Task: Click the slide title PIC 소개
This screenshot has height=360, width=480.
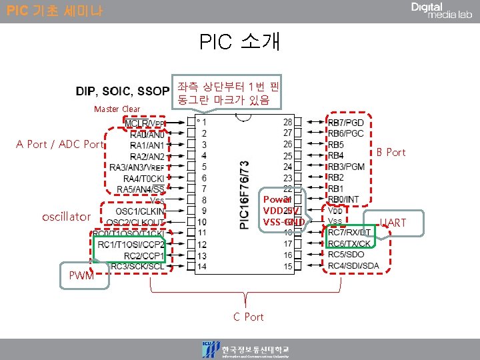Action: pyautogui.click(x=240, y=41)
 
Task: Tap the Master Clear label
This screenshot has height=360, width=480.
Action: pyautogui.click(x=117, y=109)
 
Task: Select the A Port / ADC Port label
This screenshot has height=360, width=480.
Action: pyautogui.click(x=61, y=144)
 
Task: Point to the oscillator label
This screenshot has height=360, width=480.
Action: pyautogui.click(x=65, y=217)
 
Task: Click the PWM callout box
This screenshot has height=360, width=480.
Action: pyautogui.click(x=81, y=276)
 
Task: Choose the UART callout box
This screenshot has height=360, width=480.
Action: pyautogui.click(x=393, y=223)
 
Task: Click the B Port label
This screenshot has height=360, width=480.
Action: pyautogui.click(x=391, y=152)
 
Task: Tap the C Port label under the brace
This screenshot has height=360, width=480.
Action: pyautogui.click(x=248, y=317)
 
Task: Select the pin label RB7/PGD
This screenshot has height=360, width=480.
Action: pyautogui.click(x=346, y=123)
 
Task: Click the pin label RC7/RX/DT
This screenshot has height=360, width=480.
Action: pyautogui.click(x=349, y=233)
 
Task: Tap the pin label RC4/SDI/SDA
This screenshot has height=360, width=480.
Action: pyautogui.click(x=353, y=266)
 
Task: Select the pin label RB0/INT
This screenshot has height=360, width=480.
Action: pyautogui.click(x=343, y=199)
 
